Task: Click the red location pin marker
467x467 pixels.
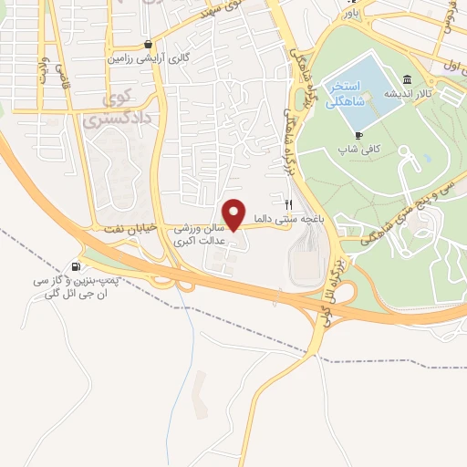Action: pos(234,213)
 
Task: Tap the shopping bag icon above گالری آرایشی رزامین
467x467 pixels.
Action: pos(148,44)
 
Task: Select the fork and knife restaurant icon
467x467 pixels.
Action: pos(289,205)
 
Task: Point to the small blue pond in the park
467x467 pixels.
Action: pos(425,160)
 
